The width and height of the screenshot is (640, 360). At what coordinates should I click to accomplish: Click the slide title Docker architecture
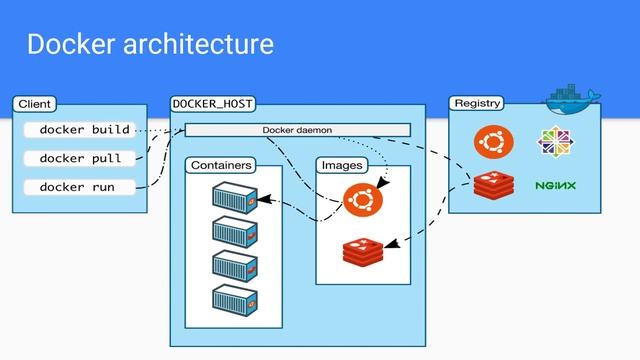(150, 45)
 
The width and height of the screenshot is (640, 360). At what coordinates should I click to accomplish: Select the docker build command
(84, 130)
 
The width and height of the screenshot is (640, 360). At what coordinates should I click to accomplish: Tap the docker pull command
(80, 158)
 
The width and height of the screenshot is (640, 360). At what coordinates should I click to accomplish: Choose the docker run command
(77, 187)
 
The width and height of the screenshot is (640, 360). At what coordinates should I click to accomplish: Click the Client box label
(34, 103)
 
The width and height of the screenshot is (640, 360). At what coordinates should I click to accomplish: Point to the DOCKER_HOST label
(212, 103)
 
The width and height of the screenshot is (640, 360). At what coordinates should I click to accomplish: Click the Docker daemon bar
(297, 130)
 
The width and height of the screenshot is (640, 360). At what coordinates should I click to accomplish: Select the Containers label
(222, 164)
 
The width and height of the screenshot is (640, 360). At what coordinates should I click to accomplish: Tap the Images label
(342, 164)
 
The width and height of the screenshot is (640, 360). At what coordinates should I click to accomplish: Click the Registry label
(476, 103)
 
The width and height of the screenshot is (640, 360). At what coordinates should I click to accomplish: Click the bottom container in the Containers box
(235, 299)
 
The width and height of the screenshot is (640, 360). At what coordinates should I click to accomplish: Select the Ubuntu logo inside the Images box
(362, 199)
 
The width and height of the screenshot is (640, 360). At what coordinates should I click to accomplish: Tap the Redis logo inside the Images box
(362, 251)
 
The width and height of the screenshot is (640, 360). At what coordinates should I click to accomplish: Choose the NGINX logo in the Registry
(555, 186)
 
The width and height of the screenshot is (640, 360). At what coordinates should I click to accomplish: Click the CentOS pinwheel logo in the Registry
(555, 143)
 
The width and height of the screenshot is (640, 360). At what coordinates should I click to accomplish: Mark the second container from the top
(235, 232)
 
